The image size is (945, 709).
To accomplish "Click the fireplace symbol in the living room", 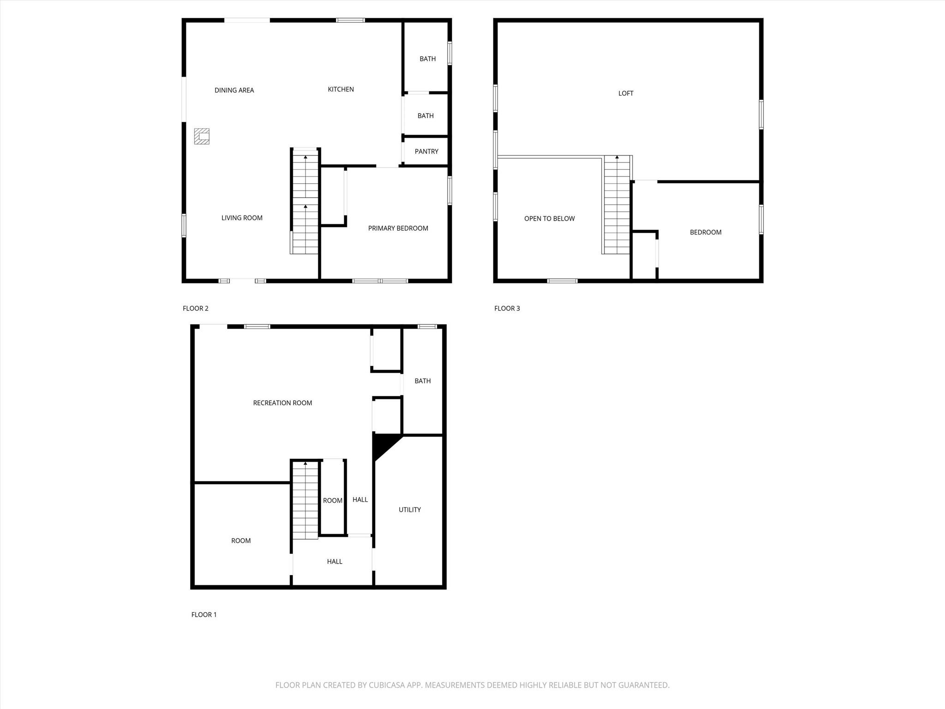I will point(202,136).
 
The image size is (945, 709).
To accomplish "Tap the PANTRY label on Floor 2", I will point(426,151).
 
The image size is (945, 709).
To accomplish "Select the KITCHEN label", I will point(341,90).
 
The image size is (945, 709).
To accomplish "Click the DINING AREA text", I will point(234,90).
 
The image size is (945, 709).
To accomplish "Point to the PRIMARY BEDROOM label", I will point(398,228).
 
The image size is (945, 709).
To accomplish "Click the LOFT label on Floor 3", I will point(626,94).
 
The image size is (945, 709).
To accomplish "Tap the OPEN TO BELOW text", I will point(549,219).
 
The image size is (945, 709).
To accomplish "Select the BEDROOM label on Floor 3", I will point(706,233).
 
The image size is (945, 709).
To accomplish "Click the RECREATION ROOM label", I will point(282,403).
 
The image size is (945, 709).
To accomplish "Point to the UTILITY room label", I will point(410,510).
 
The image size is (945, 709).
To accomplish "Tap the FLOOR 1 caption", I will point(203,614).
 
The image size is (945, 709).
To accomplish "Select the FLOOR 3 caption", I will point(507,308).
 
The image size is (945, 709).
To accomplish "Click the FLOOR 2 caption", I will point(195,308).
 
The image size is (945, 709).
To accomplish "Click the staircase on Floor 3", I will point(617,205).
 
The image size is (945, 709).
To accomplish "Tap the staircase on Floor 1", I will point(305,500).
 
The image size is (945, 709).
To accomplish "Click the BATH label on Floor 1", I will point(422,381).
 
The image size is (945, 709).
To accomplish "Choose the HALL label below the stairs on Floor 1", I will point(335,562).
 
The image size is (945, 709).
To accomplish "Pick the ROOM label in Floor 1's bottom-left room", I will point(241,541).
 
